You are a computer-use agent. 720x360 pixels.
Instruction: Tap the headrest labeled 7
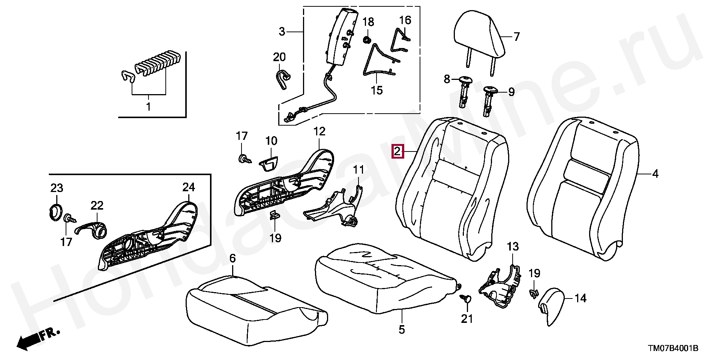click(478, 34)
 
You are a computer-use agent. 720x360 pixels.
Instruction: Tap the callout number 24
click(189, 187)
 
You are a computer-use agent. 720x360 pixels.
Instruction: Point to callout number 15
click(376, 90)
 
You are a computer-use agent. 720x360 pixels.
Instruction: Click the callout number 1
click(148, 106)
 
